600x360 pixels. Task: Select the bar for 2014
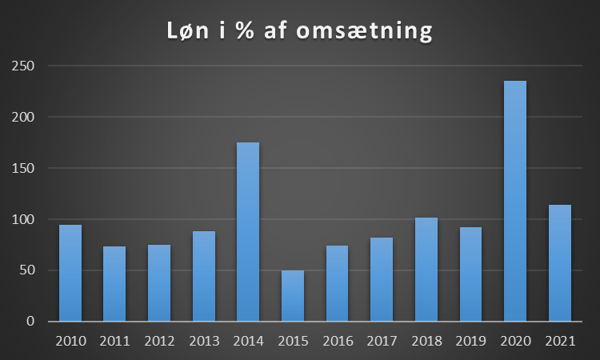coord(248,232)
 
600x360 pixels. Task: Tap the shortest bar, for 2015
coord(292,296)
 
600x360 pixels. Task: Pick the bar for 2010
coord(70,273)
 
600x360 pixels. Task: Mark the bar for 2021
coord(560,263)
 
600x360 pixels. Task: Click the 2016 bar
coord(337,283)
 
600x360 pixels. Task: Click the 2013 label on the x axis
coord(204,341)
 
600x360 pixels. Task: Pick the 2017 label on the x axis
coord(382,341)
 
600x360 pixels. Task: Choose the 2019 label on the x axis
coord(470,341)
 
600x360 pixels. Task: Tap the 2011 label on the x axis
coord(114,341)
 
